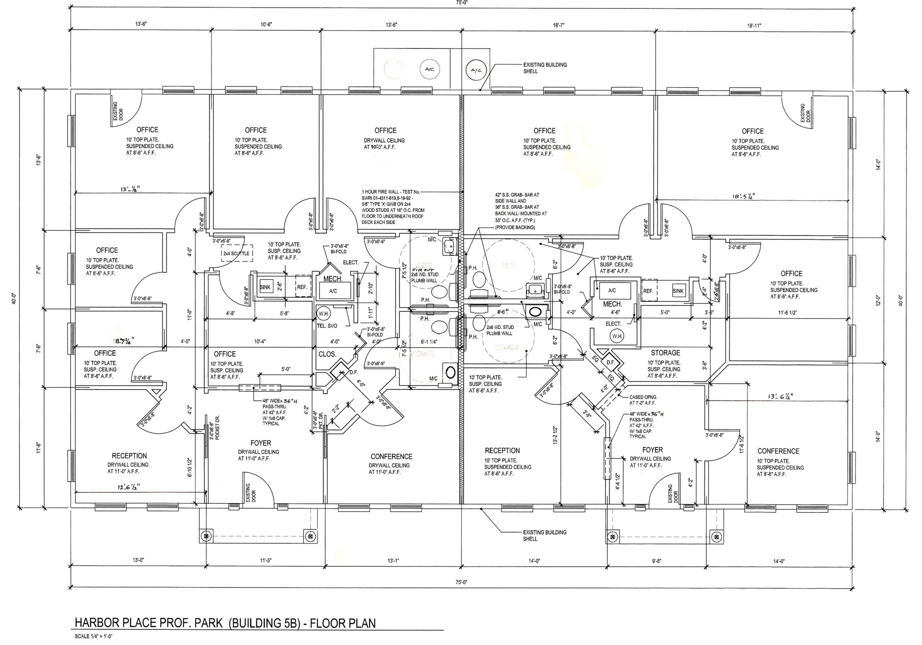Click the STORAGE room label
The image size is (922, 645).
(x=665, y=353)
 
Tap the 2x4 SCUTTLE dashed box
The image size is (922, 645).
(x=236, y=253)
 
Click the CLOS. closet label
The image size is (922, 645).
(x=327, y=354)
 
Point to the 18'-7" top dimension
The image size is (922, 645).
(x=559, y=26)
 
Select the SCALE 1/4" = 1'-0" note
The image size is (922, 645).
(x=93, y=636)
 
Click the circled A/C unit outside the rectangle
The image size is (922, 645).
(x=476, y=70)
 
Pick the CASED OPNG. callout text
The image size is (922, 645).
(x=643, y=397)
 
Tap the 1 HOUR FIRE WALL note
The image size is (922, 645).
(x=390, y=192)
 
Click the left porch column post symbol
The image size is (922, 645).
(x=206, y=536)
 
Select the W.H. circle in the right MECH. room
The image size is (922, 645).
(x=616, y=336)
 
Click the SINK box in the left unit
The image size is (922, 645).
(x=266, y=287)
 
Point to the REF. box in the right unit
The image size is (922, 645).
(x=648, y=291)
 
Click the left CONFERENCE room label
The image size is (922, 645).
(x=391, y=457)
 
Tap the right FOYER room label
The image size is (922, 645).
(x=652, y=450)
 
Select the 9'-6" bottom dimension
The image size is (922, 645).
(x=656, y=561)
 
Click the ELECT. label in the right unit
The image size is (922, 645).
(x=613, y=324)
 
